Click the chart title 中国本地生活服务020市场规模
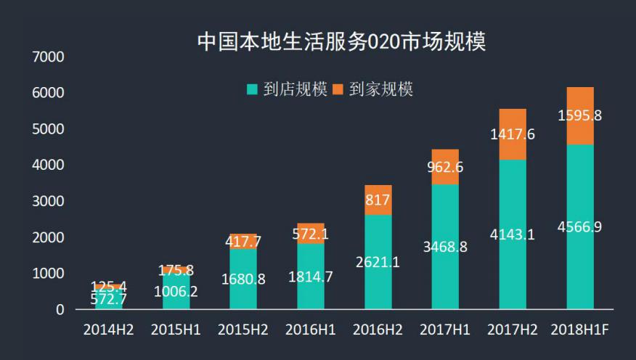click(x=341, y=41)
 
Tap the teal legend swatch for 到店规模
click(x=253, y=90)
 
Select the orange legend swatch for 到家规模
click(x=338, y=90)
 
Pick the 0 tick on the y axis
click(x=60, y=310)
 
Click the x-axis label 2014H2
click(x=108, y=330)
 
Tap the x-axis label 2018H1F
click(x=579, y=330)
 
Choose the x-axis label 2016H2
click(x=378, y=330)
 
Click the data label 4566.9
click(x=579, y=227)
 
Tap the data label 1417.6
click(x=513, y=134)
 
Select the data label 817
click(x=378, y=200)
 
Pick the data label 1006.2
click(x=176, y=292)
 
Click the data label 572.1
click(x=310, y=234)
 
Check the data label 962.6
click(x=445, y=167)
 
